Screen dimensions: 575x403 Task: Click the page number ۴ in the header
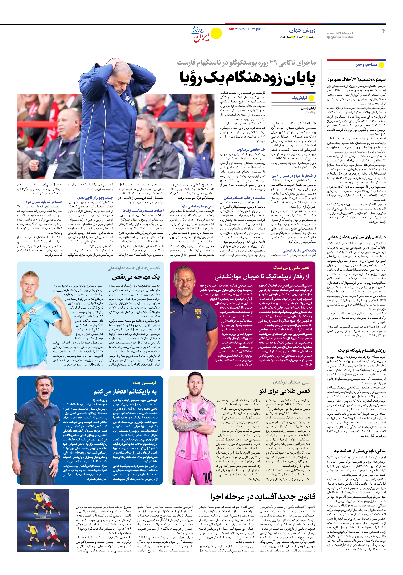pos(383,31)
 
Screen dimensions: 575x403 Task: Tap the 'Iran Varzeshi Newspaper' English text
pos(246,29)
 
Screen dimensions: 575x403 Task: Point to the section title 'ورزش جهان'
pos(302,31)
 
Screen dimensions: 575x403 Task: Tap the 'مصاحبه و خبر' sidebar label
pos(366,65)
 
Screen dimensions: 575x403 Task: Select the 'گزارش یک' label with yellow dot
pos(299,98)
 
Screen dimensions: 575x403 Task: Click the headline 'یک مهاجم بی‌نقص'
pos(136,277)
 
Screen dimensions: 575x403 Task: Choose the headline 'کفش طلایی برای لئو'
pos(285,391)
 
